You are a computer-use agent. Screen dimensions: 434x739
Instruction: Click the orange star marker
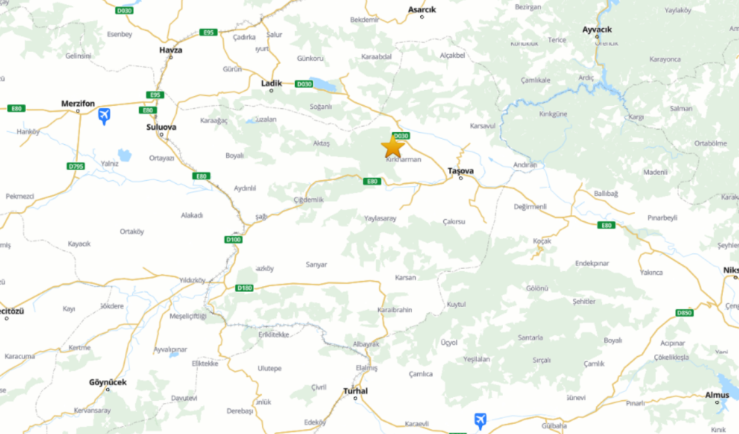click(x=393, y=146)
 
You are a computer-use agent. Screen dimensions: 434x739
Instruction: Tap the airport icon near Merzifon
click(x=105, y=115)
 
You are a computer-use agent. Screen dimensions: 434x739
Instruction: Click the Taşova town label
click(x=461, y=170)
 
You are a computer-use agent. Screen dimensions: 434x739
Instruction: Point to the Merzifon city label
click(x=79, y=103)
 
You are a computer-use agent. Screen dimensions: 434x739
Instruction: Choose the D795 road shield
click(x=76, y=167)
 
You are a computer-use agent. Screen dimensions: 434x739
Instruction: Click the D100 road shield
click(x=232, y=239)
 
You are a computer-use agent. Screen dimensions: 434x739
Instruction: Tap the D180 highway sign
click(x=245, y=288)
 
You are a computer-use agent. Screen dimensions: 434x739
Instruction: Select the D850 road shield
click(x=685, y=313)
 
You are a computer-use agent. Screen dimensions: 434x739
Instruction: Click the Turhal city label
click(x=356, y=391)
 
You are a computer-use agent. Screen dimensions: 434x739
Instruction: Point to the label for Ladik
click(x=271, y=83)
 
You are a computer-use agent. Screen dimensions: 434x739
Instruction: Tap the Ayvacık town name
click(x=597, y=29)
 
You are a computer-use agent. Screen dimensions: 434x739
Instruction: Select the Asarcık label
click(x=422, y=9)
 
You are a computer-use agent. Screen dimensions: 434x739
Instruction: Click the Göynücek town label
click(x=108, y=382)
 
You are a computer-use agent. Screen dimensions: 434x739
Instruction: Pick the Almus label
click(x=717, y=394)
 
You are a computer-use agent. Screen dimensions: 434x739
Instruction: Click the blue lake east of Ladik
click(x=323, y=84)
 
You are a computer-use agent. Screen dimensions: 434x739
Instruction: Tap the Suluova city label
click(x=161, y=127)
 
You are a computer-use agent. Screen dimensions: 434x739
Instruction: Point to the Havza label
click(x=170, y=50)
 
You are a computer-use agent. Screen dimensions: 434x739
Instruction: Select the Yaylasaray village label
click(x=380, y=218)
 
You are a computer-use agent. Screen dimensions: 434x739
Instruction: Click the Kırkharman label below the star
click(x=403, y=159)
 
